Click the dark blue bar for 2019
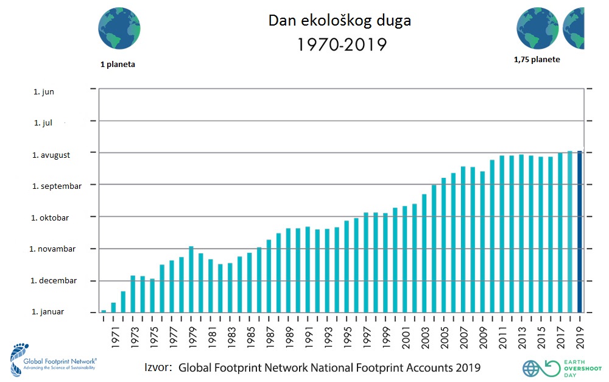click(580, 232)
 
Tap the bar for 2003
click(424, 253)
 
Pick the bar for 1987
click(269, 275)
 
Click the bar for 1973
click(133, 294)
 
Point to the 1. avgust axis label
click(51, 155)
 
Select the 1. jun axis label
click(44, 91)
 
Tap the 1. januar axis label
click(48, 312)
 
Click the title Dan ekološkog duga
click(340, 20)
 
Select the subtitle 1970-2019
click(342, 44)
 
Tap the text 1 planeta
click(118, 63)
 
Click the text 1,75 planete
click(537, 59)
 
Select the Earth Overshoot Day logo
click(553, 367)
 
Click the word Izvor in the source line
click(158, 367)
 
